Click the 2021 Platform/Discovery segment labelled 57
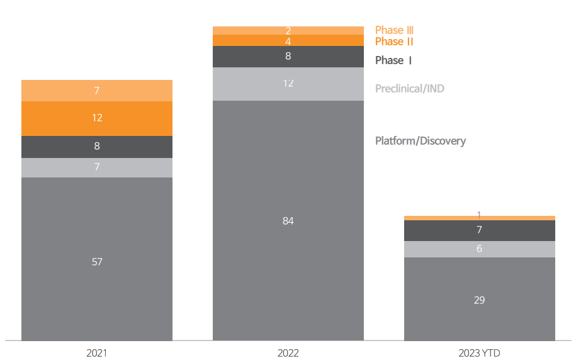click(x=97, y=259)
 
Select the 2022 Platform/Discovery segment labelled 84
click(x=288, y=220)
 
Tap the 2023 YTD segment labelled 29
click(x=479, y=299)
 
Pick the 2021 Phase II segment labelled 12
click(x=97, y=118)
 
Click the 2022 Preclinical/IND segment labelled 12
click(x=288, y=84)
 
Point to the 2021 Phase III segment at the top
click(x=97, y=91)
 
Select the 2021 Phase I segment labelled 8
click(x=97, y=147)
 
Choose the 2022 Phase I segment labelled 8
click(x=288, y=57)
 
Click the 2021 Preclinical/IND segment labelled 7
click(x=97, y=167)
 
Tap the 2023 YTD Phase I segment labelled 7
click(x=479, y=230)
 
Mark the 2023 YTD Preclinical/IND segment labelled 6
click(x=479, y=249)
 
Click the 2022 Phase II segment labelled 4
click(x=288, y=40)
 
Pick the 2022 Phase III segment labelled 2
click(x=288, y=30)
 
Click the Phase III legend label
click(x=394, y=30)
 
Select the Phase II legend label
click(x=394, y=42)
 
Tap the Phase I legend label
click(x=393, y=60)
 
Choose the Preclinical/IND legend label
click(x=409, y=89)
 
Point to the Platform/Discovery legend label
click(x=420, y=141)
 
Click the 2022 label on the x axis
click(x=288, y=353)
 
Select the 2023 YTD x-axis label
click(x=479, y=353)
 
